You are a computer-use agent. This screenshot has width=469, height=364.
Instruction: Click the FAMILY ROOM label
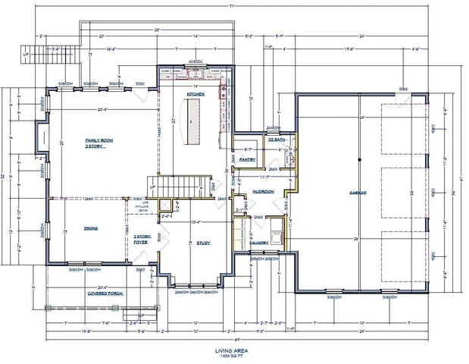(99, 142)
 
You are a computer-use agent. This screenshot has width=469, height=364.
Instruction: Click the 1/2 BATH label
(275, 140)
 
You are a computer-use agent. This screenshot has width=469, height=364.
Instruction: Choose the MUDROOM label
(263, 192)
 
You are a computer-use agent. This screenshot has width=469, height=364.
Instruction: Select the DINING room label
(91, 227)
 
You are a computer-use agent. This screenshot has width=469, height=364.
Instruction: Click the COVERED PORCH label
(105, 292)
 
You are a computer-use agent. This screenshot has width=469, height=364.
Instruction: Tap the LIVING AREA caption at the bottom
(234, 350)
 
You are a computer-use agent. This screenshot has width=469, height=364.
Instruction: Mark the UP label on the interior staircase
(153, 186)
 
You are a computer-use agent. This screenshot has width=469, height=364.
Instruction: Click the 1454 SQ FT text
(234, 356)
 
